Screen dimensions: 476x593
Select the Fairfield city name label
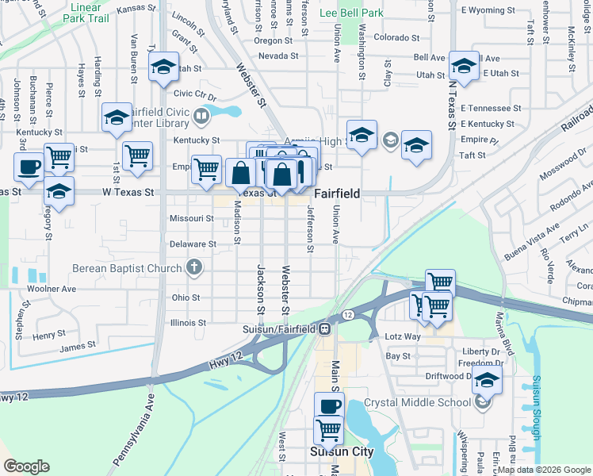338,193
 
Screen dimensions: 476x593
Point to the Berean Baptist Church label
127,268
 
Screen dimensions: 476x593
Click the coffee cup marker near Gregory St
29,167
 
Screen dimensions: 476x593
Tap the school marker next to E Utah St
464,64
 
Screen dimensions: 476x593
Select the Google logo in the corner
26,466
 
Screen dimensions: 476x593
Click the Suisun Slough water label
536,408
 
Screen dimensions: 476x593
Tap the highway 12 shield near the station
348,316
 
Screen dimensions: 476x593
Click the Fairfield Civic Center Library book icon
201,117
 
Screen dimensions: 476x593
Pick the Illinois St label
188,323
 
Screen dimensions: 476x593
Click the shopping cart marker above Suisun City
328,429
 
